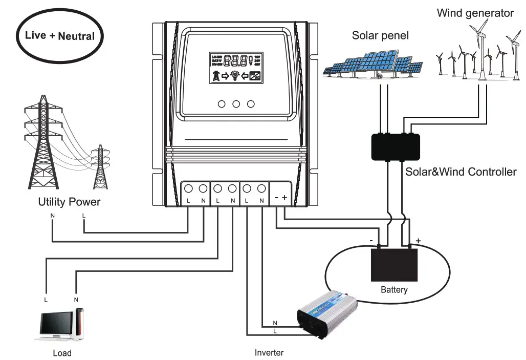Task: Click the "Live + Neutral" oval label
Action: pyautogui.click(x=60, y=36)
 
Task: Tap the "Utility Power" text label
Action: pyautogui.click(x=69, y=202)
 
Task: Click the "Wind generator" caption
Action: pyautogui.click(x=475, y=13)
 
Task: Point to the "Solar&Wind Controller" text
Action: pyautogui.click(x=461, y=172)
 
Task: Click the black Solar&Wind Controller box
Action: pyautogui.click(x=395, y=146)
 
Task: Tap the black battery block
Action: pyautogui.click(x=394, y=264)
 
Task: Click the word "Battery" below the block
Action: pyautogui.click(x=394, y=290)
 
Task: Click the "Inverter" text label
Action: pyautogui.click(x=269, y=352)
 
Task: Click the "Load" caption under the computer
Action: pyautogui.click(x=62, y=353)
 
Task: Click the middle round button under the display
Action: pyautogui.click(x=236, y=104)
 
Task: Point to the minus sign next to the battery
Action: pyautogui.click(x=371, y=239)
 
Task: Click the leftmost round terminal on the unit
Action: pyautogui.click(x=188, y=188)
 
